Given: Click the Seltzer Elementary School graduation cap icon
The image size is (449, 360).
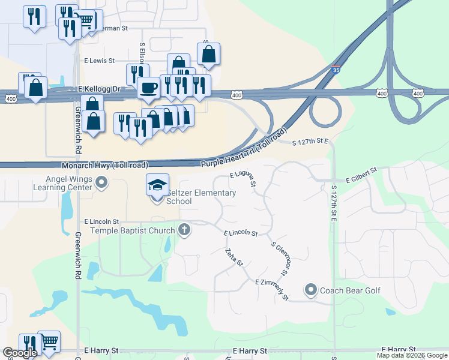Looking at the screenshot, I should pos(157,185).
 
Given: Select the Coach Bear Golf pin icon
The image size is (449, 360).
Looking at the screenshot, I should pos(310,290).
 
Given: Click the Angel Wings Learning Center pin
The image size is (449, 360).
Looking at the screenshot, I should pos(102,182).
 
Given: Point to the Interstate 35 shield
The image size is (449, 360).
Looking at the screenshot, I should pos(337,70).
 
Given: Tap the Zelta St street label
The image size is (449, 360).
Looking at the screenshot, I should pos(234,257).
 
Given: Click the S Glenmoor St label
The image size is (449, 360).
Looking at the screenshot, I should pos(280,259).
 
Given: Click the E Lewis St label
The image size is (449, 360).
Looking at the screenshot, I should pos(99,61).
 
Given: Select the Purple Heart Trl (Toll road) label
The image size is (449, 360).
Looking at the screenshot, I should pos(244,147).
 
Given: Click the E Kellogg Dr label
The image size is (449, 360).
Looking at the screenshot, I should pos(100,89).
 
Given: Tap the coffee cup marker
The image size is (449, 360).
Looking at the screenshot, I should pos(148,88).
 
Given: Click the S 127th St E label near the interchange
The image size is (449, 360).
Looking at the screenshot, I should pos(312,142).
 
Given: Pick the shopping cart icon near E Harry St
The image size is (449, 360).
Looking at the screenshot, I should pos(49,341).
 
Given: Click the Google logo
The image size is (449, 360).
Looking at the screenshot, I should pos(20,353).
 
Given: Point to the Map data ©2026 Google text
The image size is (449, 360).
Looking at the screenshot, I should pos(411,355).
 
